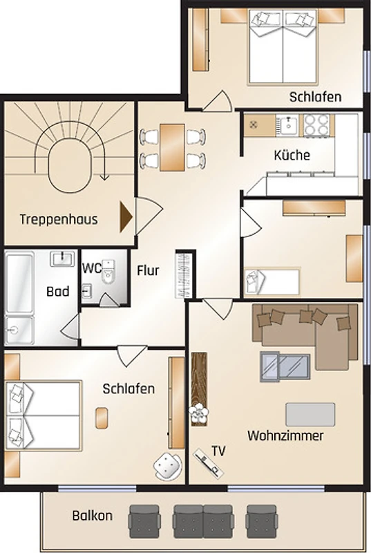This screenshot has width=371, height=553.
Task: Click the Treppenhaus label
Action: tap(59, 219)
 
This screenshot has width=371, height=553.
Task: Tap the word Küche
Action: tap(292, 155)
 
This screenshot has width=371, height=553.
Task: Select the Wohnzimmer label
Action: tap(285, 435)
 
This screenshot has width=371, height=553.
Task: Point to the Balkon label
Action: tap(93, 516)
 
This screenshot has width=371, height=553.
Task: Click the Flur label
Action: tap(148, 270)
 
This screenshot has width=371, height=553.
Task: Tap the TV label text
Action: tap(218, 451)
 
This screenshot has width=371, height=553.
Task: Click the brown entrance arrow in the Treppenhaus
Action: tap(126, 217)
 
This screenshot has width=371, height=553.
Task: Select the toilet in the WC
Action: tap(108, 272)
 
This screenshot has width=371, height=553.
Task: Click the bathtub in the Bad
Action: tap(19, 282)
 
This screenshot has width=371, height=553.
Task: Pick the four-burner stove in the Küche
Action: tap(316, 125)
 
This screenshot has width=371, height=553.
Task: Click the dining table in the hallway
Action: tap(172, 147)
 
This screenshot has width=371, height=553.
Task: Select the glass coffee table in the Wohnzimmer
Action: tap(285, 367)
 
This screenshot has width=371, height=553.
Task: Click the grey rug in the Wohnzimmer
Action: tap(310, 414)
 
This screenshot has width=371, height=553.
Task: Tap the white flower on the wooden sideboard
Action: tap(199, 412)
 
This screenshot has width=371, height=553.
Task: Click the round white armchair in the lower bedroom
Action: tap(168, 466)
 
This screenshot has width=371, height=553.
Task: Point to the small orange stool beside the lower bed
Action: tap(102, 418)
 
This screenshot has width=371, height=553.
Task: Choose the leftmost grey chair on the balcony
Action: tap(144, 521)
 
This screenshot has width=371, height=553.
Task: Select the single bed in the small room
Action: tap(272, 281)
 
